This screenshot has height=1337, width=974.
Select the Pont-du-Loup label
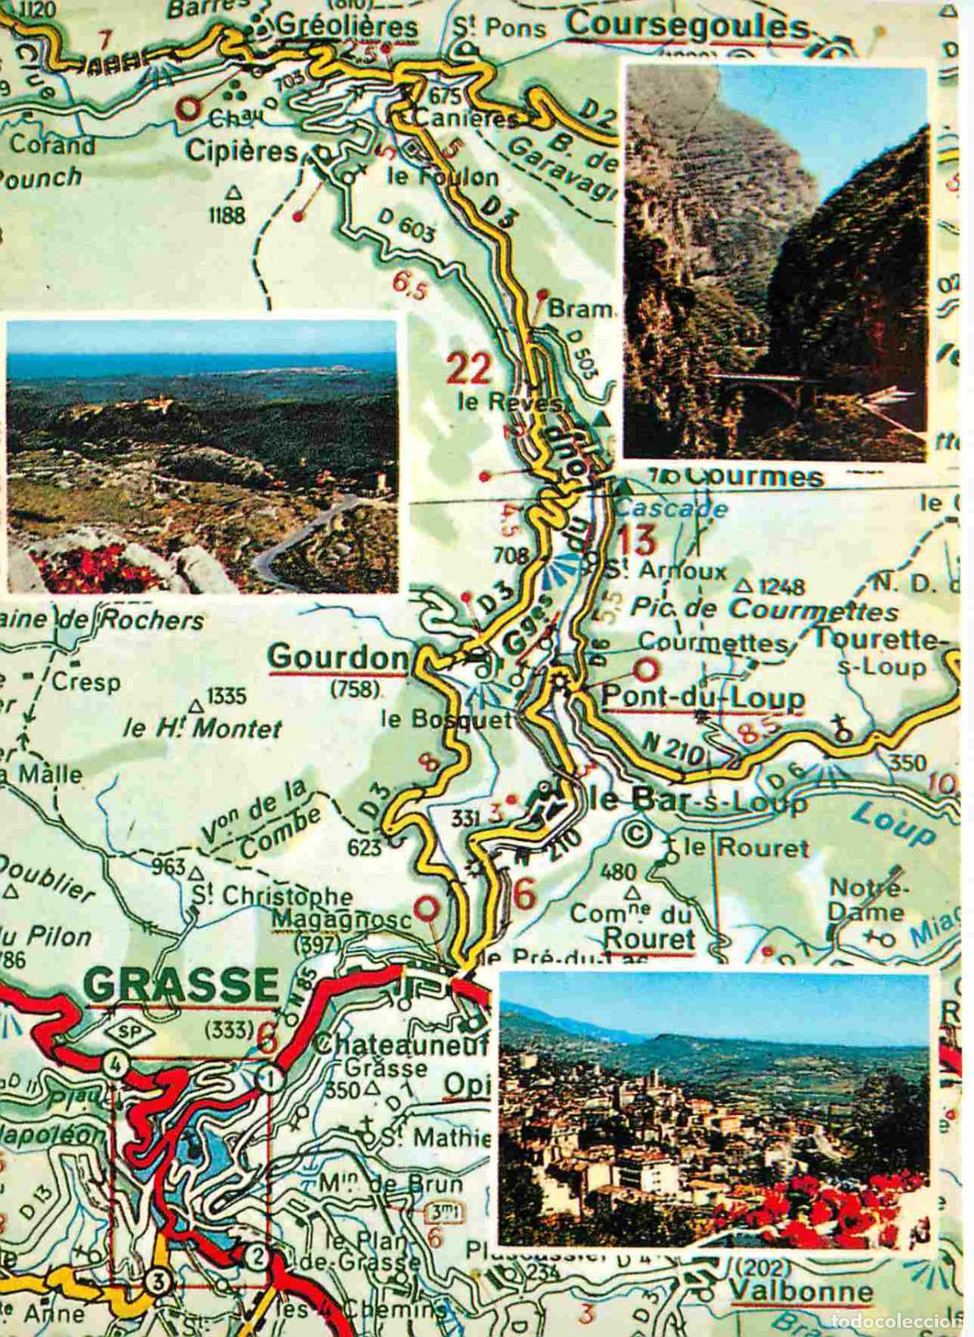point(703,697)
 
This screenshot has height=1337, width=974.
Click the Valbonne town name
point(800,1291)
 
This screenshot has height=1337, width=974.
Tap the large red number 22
point(470,369)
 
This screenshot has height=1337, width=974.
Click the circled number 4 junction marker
point(115,1064)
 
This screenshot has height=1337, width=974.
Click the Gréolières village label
point(347,26)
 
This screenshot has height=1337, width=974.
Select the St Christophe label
point(272,896)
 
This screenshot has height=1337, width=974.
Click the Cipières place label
point(241,151)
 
